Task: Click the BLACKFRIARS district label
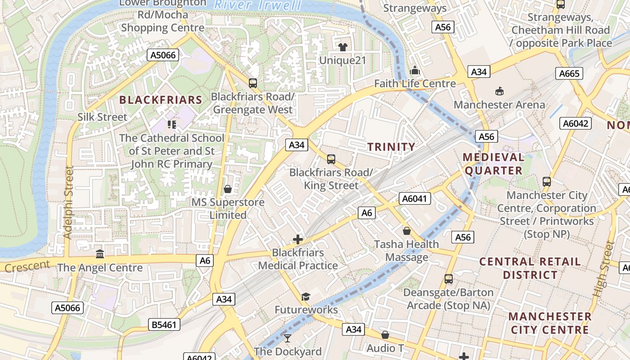[161, 99]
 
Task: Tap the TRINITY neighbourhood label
[391, 147]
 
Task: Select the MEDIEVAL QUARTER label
[494, 164]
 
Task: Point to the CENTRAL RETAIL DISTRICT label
[530, 268]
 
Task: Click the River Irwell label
[257, 5]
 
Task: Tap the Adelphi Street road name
[68, 202]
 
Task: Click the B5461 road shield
[164, 324]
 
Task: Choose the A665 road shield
[569, 73]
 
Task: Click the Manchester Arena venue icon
[499, 91]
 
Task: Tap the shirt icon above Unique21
[343, 47]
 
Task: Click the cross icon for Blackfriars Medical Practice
[297, 239]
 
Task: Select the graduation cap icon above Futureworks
[306, 297]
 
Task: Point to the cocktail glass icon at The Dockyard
[288, 338]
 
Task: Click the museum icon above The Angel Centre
[100, 254]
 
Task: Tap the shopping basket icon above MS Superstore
[228, 189]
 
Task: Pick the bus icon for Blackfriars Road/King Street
[331, 159]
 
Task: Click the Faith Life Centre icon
[415, 71]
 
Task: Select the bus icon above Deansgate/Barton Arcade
[449, 279]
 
